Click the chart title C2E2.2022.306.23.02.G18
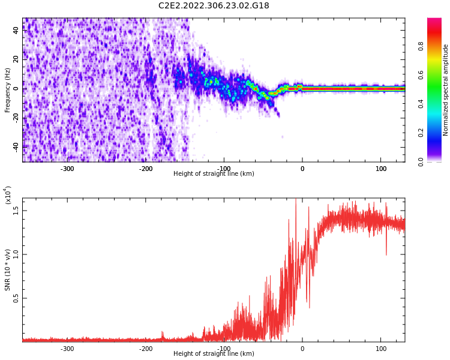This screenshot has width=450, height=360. tap(214, 6)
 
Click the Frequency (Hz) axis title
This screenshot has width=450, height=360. tap(8, 90)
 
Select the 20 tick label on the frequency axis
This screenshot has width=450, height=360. tap(16, 59)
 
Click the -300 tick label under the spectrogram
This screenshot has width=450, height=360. tap(67, 169)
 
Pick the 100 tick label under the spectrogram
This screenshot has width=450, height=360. tap(381, 169)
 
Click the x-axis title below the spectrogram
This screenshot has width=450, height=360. tap(214, 174)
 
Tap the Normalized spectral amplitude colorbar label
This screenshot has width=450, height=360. tap(446, 90)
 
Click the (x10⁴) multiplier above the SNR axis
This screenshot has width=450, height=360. tap(8, 194)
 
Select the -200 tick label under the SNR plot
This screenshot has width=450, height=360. tap(146, 349)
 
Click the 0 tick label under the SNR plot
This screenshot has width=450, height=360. tap(302, 349)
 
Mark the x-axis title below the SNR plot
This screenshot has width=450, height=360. tap(214, 354)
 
